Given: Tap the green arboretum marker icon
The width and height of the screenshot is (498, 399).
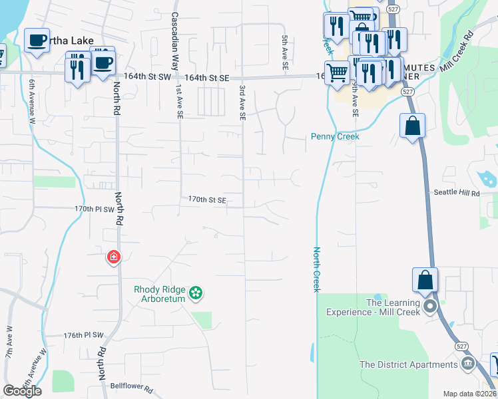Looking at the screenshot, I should [x=196, y=292].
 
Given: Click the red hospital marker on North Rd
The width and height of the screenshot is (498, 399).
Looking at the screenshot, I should [x=114, y=257].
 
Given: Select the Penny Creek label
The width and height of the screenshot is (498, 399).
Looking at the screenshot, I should [x=335, y=136].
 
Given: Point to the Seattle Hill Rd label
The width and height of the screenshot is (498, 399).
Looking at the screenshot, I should [x=456, y=193].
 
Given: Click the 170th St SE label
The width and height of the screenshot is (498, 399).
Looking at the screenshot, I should [x=207, y=199].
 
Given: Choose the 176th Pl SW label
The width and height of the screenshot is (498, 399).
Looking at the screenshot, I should [x=84, y=335].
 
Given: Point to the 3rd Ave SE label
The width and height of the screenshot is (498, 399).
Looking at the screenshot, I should [x=242, y=102].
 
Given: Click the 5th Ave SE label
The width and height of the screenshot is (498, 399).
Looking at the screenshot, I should [x=284, y=53].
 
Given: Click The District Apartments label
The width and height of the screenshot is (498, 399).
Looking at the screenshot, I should [x=408, y=364].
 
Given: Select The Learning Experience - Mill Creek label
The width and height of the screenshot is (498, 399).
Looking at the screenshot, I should [x=373, y=307].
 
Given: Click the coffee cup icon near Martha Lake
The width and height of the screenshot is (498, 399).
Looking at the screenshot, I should [x=37, y=40].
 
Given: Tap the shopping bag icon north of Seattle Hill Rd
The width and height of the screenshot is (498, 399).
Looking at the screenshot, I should [x=412, y=125].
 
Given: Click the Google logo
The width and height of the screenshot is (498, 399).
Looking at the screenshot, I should [x=22, y=391].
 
